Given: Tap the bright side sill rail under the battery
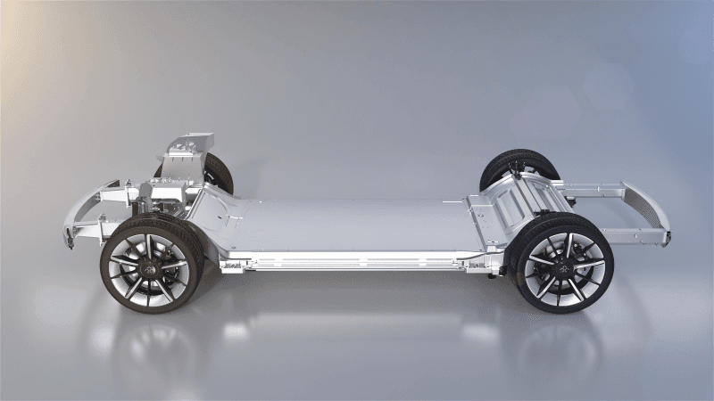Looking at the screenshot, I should (x=357, y=261).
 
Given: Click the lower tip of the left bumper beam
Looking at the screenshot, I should (x=70, y=239).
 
